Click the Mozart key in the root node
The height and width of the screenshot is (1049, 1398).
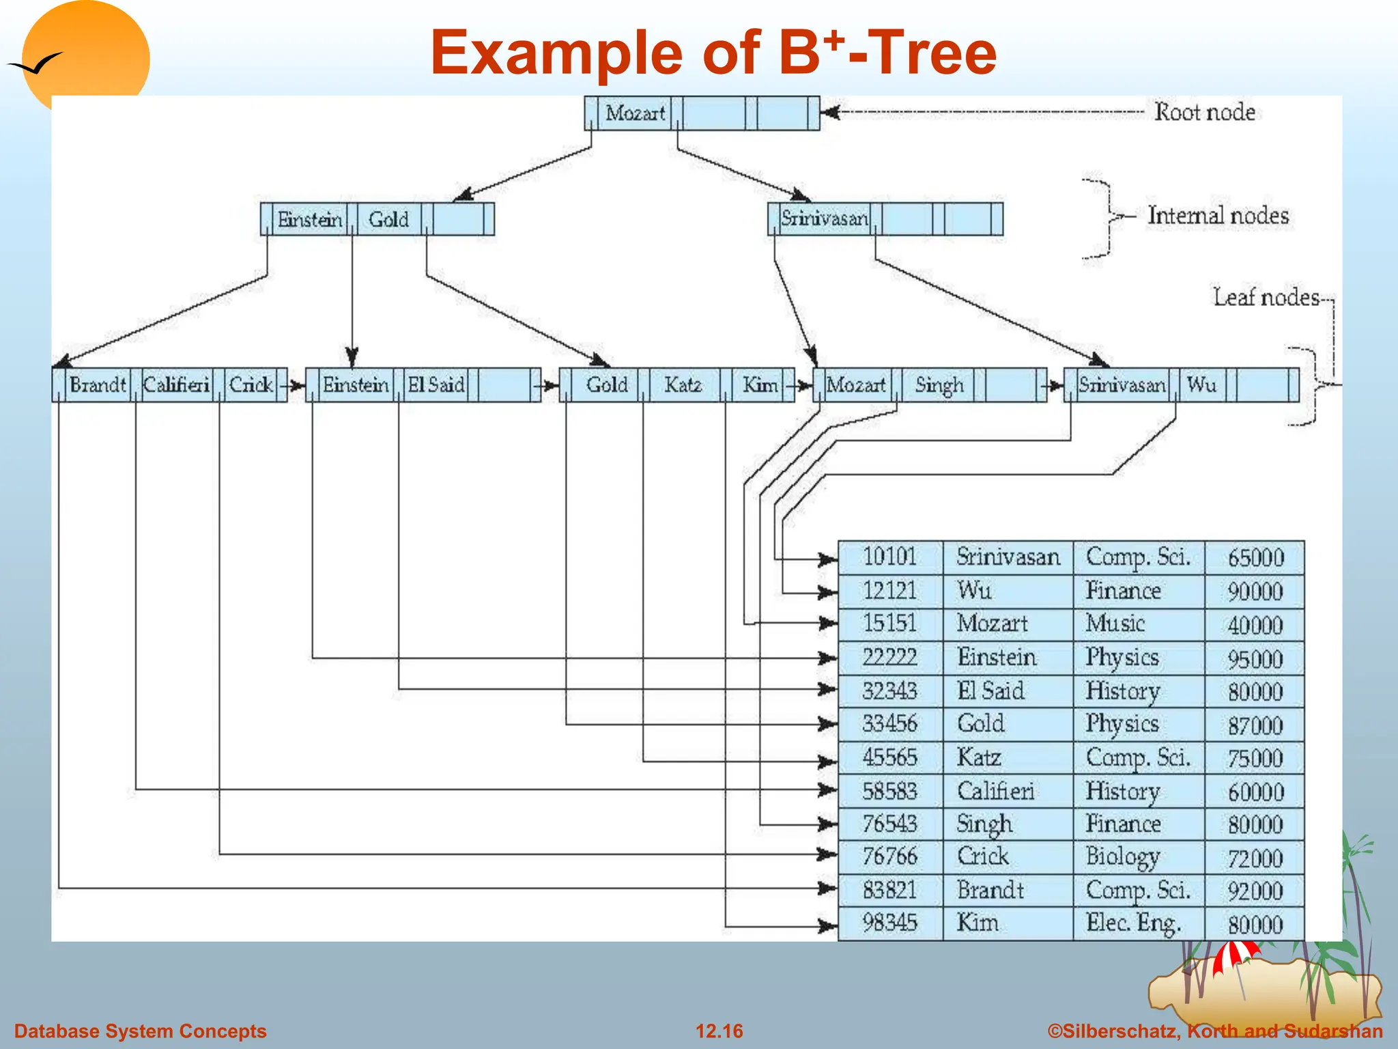[x=635, y=113]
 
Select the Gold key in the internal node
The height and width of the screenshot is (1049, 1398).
[x=388, y=219]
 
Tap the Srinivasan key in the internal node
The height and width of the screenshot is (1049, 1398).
[x=824, y=219]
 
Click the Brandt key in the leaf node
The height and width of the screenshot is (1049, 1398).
[x=98, y=384]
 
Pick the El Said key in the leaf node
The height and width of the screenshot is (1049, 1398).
[x=436, y=384]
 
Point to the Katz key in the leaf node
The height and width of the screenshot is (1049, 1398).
[x=683, y=384]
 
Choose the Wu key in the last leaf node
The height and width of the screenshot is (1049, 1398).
[x=1201, y=384]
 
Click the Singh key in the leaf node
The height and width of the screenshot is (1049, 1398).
[x=939, y=385]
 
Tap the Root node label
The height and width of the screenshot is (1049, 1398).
[x=1205, y=112]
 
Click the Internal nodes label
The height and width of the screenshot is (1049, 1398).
[x=1218, y=216]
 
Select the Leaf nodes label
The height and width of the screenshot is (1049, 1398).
[x=1266, y=297]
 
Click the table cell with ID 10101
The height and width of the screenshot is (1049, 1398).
[x=889, y=557]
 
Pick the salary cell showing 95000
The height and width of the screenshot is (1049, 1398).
[x=1255, y=659]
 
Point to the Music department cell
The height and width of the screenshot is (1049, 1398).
[x=1115, y=624]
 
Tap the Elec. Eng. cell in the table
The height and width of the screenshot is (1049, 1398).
[x=1133, y=923]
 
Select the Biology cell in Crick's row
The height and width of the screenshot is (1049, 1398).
[x=1123, y=856]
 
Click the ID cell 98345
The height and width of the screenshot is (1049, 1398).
[x=889, y=923]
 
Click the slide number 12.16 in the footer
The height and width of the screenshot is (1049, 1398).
[x=719, y=1031]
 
